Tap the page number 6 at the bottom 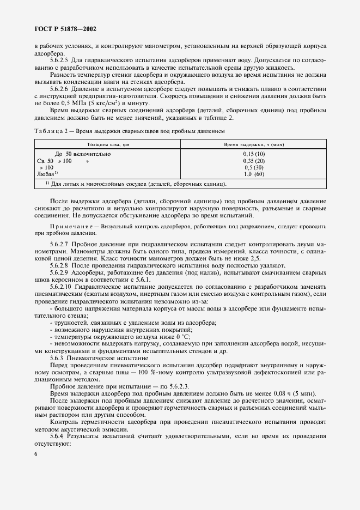pos(35,454)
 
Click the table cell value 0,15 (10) pos(253,154)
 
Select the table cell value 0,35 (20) pos(253,161)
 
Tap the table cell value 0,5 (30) pos(253,167)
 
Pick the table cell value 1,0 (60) pos(253,174)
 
